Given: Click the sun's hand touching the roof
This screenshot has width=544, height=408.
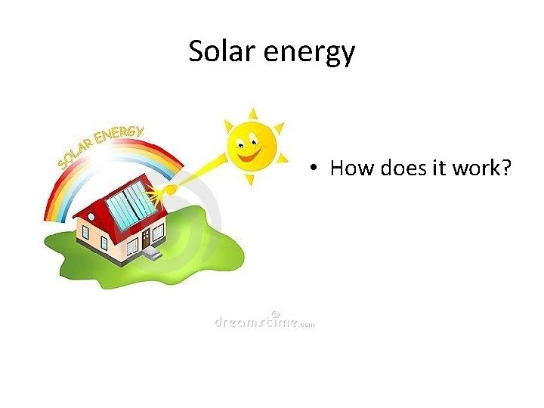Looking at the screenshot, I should (x=170, y=190).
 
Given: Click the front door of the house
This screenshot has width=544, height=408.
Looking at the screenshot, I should (x=146, y=239).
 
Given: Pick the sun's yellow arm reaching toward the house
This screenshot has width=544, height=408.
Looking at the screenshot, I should (x=200, y=175).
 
